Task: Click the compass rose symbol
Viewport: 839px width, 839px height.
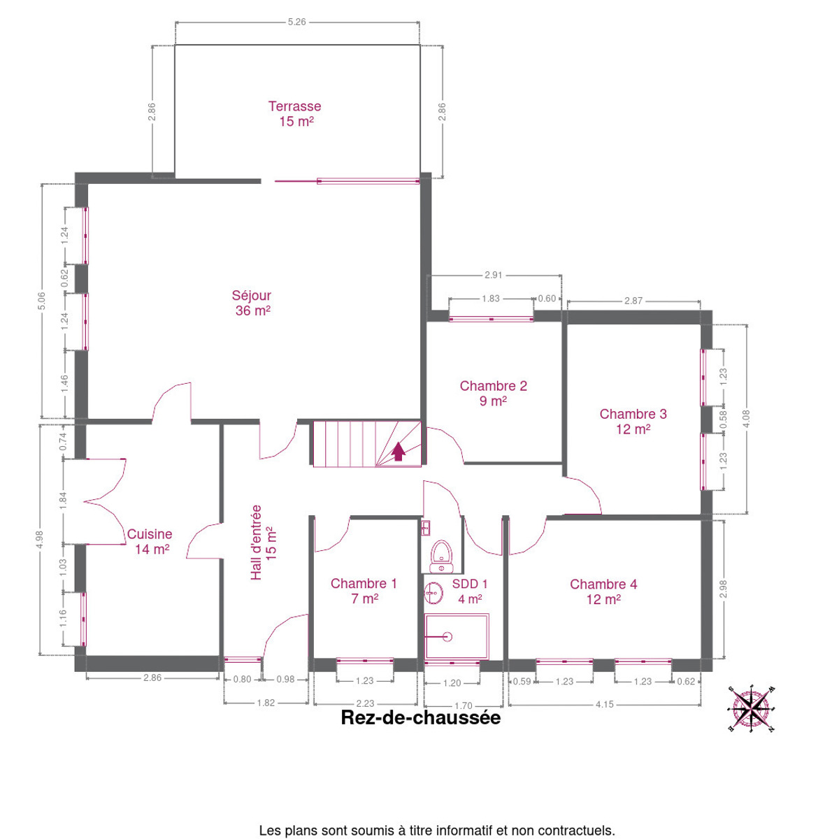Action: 750,709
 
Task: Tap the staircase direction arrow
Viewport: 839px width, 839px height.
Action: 398,451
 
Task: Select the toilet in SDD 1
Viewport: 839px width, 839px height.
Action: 441,557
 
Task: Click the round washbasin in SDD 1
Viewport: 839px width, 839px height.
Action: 433,593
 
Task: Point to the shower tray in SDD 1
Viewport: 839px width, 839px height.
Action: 457,636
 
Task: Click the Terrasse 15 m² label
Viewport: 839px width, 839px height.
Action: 295,114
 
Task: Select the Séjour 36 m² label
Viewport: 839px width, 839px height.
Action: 252,303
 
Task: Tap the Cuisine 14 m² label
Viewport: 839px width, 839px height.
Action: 150,541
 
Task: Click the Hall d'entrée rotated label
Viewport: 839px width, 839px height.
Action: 263,542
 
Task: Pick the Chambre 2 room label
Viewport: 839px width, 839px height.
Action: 494,393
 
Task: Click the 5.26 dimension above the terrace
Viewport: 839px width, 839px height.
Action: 297,22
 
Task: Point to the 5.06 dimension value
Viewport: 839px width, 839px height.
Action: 41,301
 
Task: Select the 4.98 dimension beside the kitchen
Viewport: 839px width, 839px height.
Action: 40,540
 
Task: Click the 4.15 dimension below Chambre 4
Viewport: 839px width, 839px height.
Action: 604,704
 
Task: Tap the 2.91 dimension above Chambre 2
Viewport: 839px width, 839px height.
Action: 494,275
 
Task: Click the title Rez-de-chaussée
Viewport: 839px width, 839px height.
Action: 421,718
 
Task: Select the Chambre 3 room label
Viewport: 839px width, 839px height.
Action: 633,422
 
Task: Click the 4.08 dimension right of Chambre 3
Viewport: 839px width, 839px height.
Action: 747,419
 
